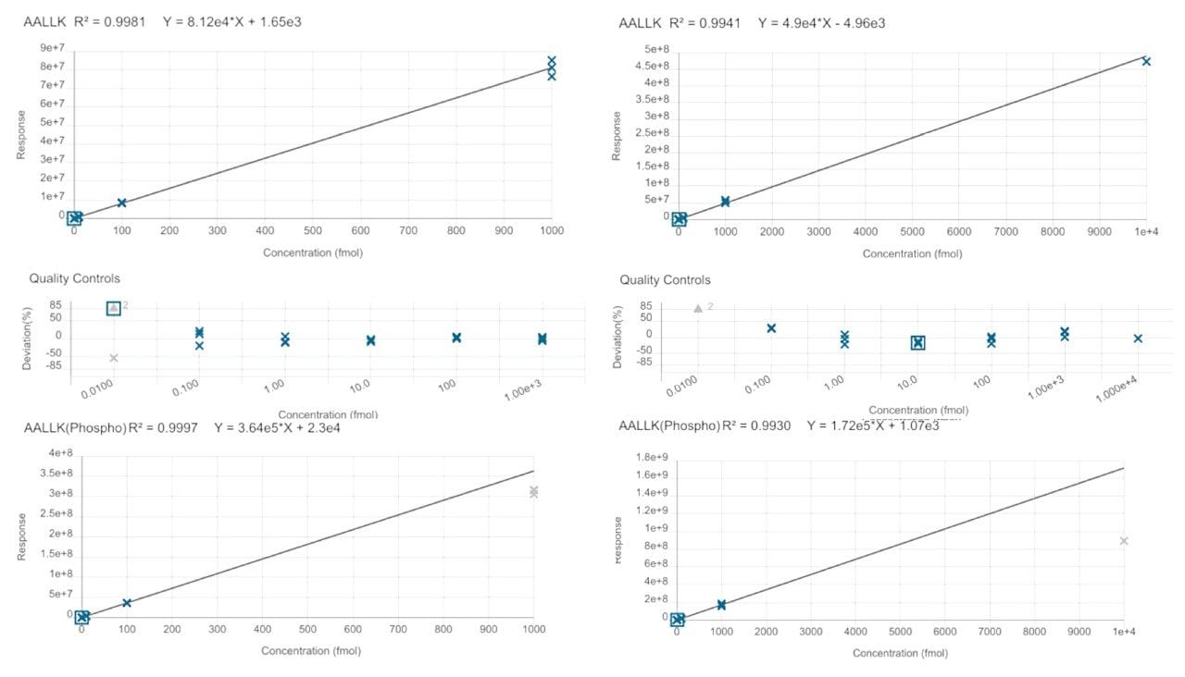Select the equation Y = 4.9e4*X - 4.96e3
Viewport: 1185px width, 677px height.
[x=821, y=23]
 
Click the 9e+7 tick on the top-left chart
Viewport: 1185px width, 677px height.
[x=51, y=48]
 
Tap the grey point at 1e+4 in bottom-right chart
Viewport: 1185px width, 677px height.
[x=1124, y=541]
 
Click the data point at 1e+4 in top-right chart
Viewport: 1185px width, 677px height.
[x=1146, y=61]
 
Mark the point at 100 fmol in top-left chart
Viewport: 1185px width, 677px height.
[x=121, y=203]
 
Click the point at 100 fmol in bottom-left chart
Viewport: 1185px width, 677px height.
[x=127, y=603]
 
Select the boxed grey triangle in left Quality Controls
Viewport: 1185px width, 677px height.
[x=114, y=308]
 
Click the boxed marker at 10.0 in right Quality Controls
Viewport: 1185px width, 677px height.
[x=917, y=343]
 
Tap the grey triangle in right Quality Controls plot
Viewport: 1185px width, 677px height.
[x=698, y=308]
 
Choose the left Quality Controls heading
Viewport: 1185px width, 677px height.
[x=74, y=278]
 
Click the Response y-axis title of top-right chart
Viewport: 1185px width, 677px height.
[x=617, y=135]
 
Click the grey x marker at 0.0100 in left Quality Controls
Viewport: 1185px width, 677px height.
[x=114, y=358]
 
